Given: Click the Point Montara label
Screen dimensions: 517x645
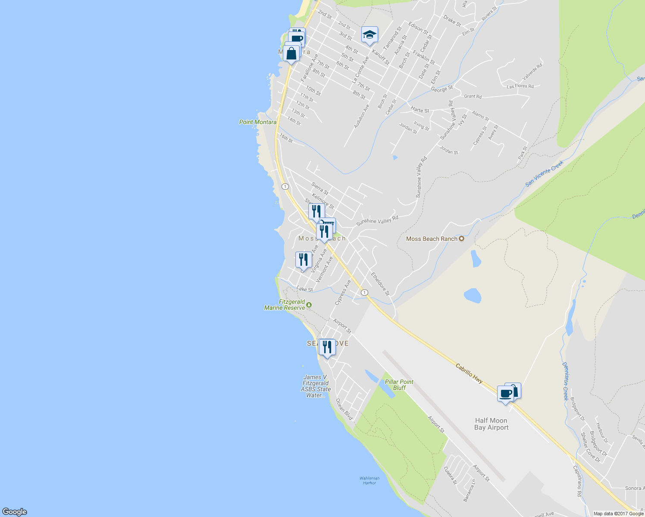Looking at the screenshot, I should (258, 122).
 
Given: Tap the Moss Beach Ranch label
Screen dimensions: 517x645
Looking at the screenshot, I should (432, 239).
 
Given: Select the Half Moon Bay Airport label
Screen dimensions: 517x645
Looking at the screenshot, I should (491, 424).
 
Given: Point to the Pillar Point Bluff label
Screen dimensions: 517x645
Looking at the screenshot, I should (399, 385).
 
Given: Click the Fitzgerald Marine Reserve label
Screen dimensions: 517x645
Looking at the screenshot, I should (285, 305).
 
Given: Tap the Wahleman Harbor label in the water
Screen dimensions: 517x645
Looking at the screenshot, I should (369, 480).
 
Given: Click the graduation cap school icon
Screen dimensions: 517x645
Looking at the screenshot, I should (369, 35).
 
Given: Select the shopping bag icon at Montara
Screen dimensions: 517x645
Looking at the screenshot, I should (291, 54).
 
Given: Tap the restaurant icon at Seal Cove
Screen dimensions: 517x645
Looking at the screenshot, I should (327, 347).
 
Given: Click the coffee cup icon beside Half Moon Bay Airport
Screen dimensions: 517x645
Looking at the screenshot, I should (505, 393).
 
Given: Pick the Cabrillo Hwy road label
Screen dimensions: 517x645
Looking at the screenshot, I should (469, 373).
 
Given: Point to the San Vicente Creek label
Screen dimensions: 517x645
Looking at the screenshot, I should (544, 174).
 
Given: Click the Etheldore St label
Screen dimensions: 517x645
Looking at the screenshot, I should (380, 283).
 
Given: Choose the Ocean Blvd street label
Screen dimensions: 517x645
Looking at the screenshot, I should (344, 409).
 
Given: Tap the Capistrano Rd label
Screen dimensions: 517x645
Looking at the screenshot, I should (578, 481).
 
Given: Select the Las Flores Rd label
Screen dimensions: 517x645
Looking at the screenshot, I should (520, 86).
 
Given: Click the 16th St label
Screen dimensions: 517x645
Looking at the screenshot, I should (286, 138).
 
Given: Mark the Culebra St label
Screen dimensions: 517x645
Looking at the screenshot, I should (450, 476).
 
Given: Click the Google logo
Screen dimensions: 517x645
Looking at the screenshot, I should (14, 512).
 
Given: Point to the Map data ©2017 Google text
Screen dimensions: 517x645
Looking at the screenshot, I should (618, 514).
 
